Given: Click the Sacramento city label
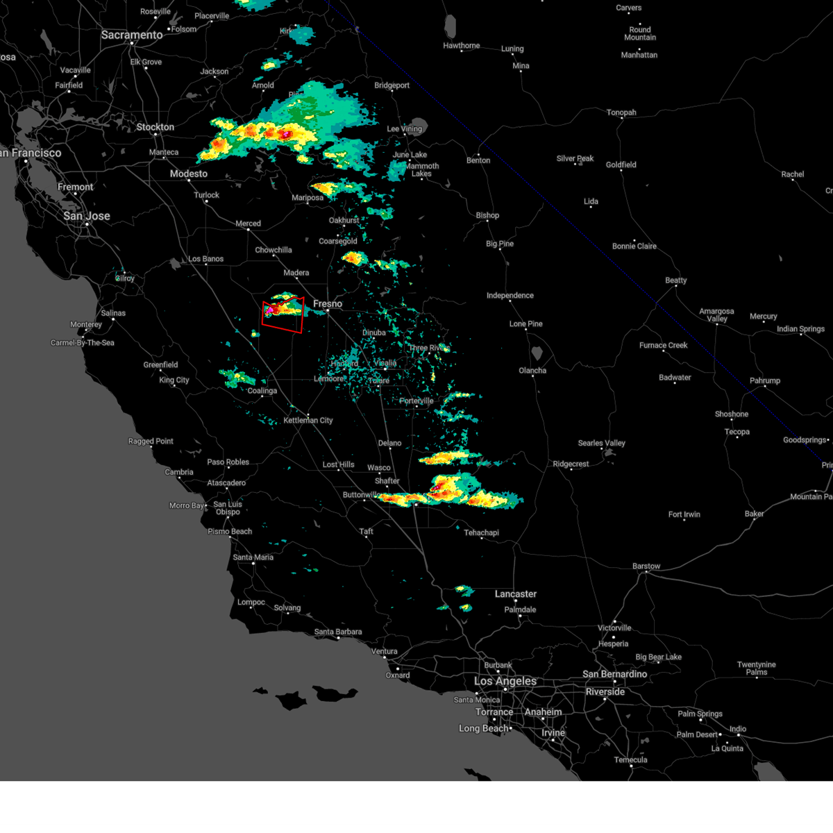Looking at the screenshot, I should coord(132,35).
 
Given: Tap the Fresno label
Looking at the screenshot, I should coord(328,304).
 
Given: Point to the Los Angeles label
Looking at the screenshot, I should coord(505,681).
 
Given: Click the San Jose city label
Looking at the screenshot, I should coord(87,216).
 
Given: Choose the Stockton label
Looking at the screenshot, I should coord(155,127).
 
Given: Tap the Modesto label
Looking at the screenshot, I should coord(189,174).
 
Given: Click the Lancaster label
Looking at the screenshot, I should coord(516,594).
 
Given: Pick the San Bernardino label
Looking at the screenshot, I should coord(614,674).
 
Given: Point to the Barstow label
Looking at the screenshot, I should coord(646,566).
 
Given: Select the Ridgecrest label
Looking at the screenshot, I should coord(571,464).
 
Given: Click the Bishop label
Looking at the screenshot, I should coord(487,215).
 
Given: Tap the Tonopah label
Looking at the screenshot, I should coord(621,112).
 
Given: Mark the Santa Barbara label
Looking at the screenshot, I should coord(338,632).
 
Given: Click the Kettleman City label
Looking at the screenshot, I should coord(308,420).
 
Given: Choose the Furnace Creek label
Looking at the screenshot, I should coord(664,345).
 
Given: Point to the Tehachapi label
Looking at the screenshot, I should coord(481,532).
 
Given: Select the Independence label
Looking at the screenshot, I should coord(510,296).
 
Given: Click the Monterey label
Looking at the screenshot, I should coord(86,324).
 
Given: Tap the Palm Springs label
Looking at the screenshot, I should coord(700,714).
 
